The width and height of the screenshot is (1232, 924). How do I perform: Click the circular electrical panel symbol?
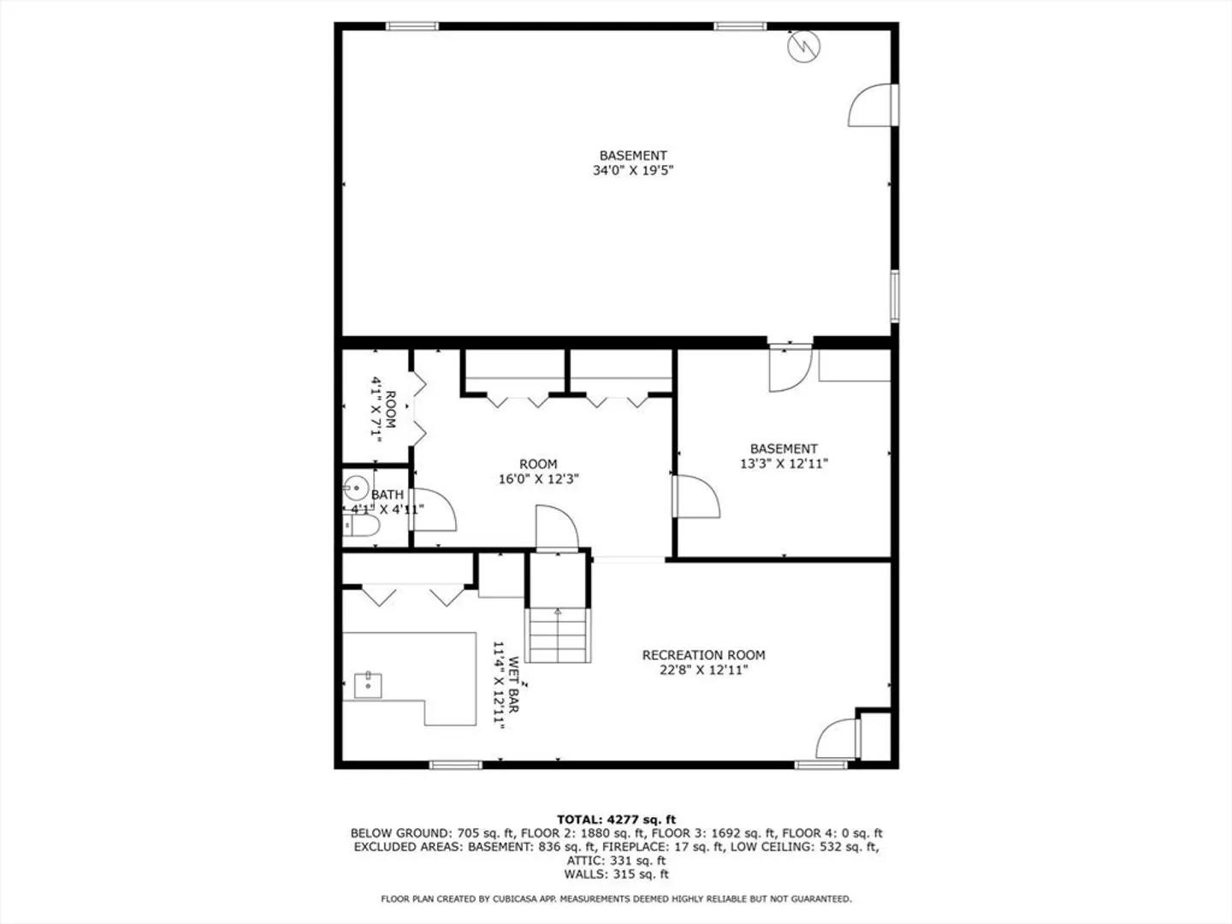tap(803, 46)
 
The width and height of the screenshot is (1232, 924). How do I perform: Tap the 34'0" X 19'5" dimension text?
tap(632, 170)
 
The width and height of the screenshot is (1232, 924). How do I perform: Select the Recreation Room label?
tap(703, 654)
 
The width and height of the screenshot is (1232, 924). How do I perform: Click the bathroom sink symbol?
tap(356, 487)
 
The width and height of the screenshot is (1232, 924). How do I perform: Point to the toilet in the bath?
tap(361, 525)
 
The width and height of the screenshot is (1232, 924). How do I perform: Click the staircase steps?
tap(557, 635)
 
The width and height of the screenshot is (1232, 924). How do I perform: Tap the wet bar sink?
tap(368, 685)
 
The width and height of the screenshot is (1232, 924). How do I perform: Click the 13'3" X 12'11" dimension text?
tap(784, 464)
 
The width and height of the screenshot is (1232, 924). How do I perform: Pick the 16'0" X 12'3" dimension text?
tap(538, 479)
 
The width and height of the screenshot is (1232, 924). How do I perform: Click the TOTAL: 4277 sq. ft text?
tap(616, 820)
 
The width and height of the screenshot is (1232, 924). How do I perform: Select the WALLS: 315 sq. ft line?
tap(616, 874)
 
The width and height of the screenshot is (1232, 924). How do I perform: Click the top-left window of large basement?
tap(412, 26)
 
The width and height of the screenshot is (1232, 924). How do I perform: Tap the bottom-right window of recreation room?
tap(820, 765)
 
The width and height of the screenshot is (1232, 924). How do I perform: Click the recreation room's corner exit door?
tap(838, 739)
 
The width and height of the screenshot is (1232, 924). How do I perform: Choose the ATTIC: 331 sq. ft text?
tap(616, 861)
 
